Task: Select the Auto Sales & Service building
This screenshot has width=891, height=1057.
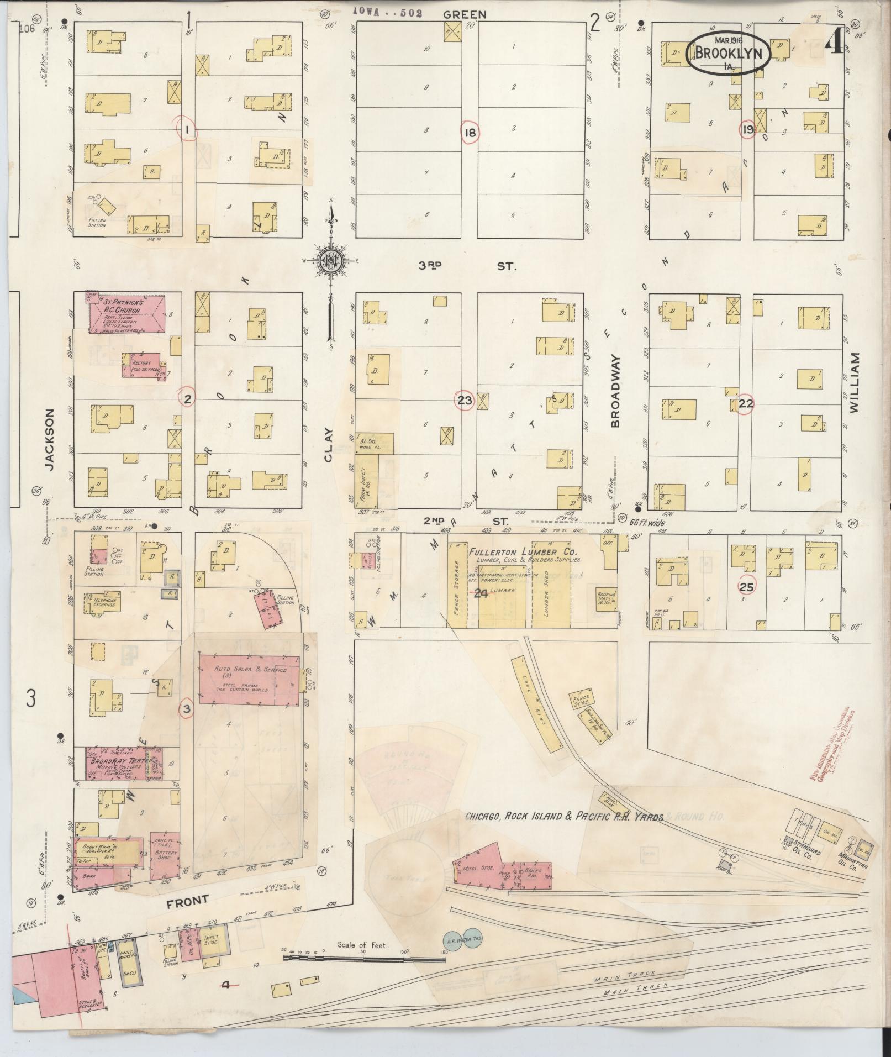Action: [x=250, y=679]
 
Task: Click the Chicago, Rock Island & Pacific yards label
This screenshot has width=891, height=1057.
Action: [x=563, y=816]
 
